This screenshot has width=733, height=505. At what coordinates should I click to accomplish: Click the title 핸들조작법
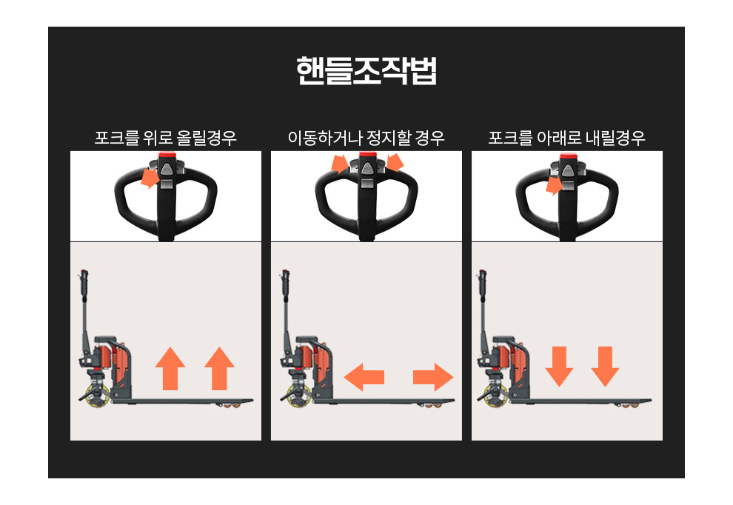[366, 71]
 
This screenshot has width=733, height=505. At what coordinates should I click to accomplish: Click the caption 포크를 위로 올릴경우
[166, 138]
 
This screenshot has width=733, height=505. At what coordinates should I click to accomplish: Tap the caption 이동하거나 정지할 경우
[366, 138]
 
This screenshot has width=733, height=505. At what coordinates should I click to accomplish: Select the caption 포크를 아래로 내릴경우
[566, 138]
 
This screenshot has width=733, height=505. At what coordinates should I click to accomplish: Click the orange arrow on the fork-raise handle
[150, 178]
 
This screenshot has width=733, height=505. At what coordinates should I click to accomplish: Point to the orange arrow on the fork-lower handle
[554, 186]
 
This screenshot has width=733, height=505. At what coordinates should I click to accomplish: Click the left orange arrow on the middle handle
[339, 164]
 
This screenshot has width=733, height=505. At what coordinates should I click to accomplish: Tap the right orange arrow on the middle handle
[395, 163]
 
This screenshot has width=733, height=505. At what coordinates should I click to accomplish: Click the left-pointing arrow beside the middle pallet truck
[364, 377]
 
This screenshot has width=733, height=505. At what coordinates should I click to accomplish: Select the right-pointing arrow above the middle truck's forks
[433, 377]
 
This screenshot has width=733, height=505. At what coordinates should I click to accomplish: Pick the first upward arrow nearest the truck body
[170, 369]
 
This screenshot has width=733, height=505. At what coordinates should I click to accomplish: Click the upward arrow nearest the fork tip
[219, 369]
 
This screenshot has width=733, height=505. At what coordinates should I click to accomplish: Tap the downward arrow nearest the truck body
[559, 367]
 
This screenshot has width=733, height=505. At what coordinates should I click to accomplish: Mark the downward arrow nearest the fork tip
[605, 367]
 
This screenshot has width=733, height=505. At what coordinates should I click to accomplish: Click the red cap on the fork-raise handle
[166, 155]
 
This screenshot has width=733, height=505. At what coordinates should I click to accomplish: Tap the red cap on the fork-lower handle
[567, 155]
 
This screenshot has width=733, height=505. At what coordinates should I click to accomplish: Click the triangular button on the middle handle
[366, 169]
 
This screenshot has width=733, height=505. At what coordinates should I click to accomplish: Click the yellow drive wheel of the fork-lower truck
[496, 396]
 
